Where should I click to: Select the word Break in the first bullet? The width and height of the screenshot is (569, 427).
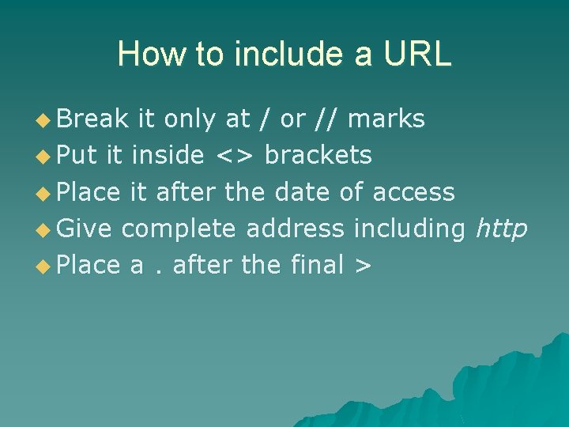(x=92, y=119)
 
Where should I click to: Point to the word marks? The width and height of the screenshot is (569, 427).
(x=386, y=119)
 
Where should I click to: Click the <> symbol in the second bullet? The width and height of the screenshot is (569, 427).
(x=235, y=156)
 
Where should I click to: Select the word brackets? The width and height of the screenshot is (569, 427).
(x=318, y=155)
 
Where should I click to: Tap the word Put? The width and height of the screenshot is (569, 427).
(x=77, y=155)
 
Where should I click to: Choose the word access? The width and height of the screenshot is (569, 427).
(x=413, y=192)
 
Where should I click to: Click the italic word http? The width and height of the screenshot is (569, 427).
(x=501, y=229)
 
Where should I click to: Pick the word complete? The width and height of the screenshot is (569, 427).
(x=179, y=229)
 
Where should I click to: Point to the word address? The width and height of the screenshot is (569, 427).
(x=296, y=229)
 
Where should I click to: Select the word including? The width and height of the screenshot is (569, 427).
(x=409, y=229)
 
